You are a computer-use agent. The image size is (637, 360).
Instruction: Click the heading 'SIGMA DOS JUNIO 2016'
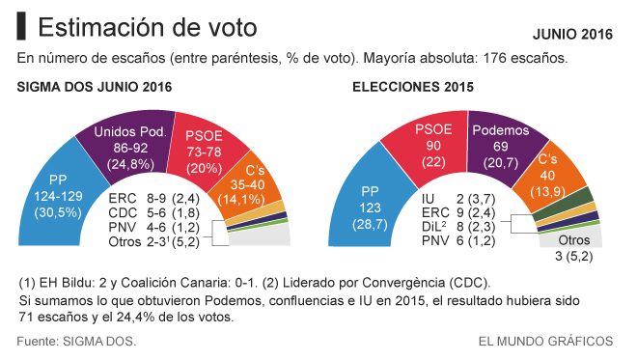pyautogui.click(x=95, y=87)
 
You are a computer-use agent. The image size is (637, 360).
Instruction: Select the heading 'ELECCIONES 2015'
pyautogui.click(x=413, y=87)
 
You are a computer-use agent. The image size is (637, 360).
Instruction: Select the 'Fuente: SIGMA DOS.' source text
pyautogui.click(x=76, y=341)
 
